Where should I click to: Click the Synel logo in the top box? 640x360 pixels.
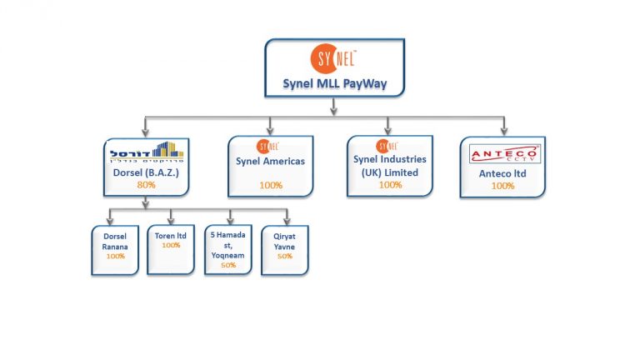coord(333,59)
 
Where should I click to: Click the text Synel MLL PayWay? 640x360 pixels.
coord(333,85)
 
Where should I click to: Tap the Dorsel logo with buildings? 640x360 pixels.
coord(147,153)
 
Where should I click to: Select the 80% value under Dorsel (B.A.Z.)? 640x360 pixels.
coord(147,184)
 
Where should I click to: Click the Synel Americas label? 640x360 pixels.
coord(270,161)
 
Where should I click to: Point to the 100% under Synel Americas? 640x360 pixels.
coord(270,184)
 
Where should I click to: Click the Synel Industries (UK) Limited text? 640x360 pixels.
coord(389,165)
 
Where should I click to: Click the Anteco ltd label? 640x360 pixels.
coord(502,173)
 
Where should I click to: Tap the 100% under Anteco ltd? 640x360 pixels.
coord(502,186)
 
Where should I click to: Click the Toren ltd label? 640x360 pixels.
coord(171,235)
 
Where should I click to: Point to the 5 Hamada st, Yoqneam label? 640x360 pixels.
coord(228,245)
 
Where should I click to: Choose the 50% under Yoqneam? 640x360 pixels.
coord(228,264)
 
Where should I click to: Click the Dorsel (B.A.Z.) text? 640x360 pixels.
coord(147,173)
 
